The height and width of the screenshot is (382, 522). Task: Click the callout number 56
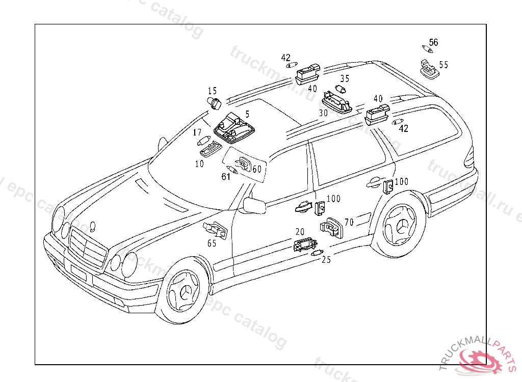[433, 42]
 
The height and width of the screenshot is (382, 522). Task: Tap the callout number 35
[345, 79]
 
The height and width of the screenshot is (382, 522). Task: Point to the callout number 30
[323, 113]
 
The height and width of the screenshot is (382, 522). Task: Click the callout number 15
[212, 91]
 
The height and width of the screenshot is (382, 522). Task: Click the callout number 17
[197, 133]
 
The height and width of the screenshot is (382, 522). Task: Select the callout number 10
[199, 164]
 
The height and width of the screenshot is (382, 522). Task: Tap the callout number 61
[226, 177]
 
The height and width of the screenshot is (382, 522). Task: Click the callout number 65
[212, 243]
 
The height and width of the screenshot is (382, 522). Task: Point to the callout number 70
[349, 223]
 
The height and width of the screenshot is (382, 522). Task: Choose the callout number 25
[326, 260]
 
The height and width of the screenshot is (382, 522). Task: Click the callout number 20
[300, 231]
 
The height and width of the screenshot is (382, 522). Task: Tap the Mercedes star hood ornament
[92, 225]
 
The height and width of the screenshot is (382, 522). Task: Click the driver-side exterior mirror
[254, 205]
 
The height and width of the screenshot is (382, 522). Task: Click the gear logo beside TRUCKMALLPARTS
[481, 363]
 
